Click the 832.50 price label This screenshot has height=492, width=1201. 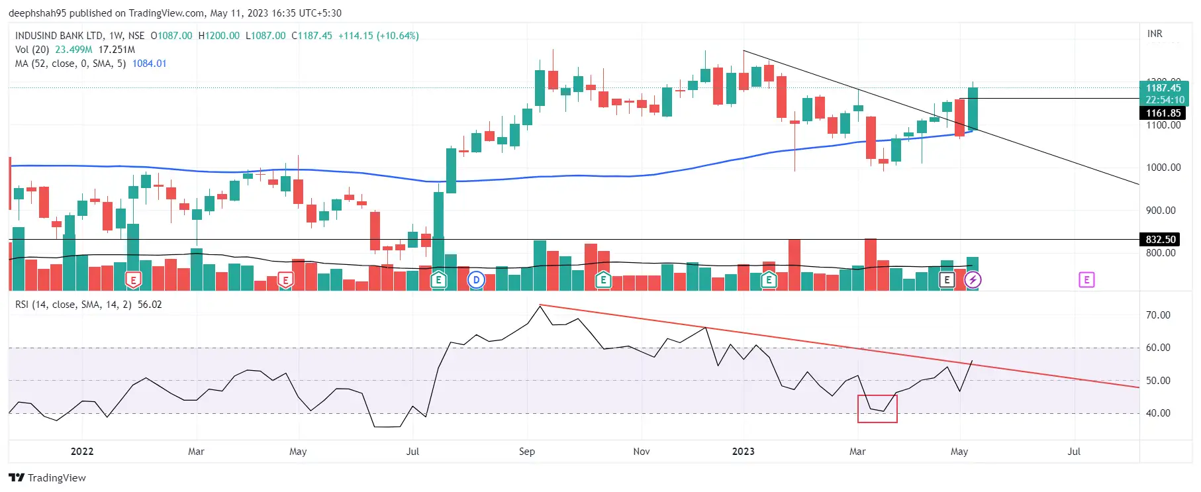pos(1161,240)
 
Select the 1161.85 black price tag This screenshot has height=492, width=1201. pos(1163,113)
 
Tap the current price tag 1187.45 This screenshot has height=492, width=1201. pos(1163,88)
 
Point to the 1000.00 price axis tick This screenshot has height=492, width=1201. pos(1163,168)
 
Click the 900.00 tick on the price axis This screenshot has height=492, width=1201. pos(1161,211)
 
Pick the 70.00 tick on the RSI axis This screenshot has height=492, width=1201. pos(1158,315)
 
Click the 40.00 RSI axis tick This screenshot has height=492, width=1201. pos(1158,413)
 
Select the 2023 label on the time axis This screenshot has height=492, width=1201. pos(743,452)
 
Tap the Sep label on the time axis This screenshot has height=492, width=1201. pos(527,452)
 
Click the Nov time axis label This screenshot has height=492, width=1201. pos(641,452)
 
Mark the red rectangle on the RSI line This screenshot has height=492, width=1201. pos(877,409)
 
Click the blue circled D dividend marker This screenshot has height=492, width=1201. pos(476,280)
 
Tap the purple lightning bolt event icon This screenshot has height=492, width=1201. pos(973,280)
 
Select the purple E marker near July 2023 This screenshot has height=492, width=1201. pos(1086,280)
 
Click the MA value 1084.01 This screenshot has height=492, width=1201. pos(149,64)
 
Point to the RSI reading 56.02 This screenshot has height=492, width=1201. pos(150,305)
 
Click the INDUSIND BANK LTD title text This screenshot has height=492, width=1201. pos(60,36)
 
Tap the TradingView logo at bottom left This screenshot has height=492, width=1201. pos(48,477)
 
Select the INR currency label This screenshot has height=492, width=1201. pos(1155,34)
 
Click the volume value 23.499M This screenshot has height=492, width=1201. pos(73,50)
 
